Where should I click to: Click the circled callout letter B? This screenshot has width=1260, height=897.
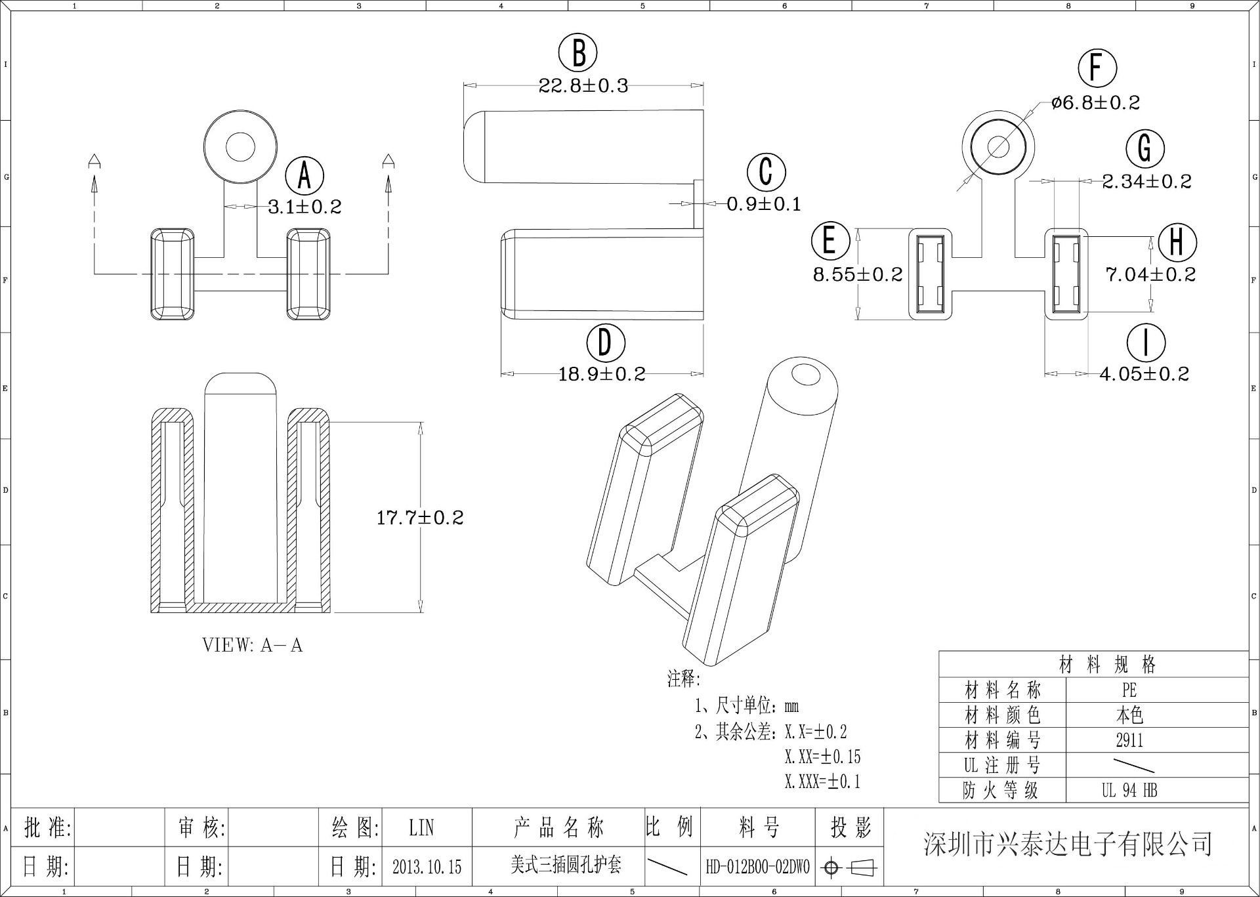click(577, 52)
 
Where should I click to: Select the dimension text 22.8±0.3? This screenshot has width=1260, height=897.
click(583, 86)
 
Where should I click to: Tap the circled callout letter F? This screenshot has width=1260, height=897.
click(1097, 68)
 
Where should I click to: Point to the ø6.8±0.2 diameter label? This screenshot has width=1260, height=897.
click(1095, 103)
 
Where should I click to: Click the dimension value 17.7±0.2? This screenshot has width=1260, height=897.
click(420, 518)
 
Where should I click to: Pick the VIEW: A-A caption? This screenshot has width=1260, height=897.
click(253, 646)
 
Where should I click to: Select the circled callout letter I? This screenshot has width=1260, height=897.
click(1146, 343)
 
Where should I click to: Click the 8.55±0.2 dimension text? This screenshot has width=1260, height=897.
click(858, 274)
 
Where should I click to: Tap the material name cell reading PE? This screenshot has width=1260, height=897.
click(1129, 690)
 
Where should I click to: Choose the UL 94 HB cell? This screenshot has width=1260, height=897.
click(1129, 791)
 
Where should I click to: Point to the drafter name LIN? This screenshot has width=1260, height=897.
click(421, 828)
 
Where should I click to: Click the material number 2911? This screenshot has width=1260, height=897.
click(1129, 741)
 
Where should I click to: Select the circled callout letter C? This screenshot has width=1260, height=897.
click(766, 172)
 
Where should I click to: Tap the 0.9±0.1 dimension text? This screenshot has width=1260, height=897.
click(764, 204)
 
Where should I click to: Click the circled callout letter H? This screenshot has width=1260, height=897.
click(1177, 242)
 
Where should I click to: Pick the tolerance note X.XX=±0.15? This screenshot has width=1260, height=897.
click(822, 757)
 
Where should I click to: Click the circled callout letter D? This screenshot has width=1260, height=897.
click(605, 343)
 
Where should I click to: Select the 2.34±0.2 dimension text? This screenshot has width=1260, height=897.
click(1146, 182)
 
